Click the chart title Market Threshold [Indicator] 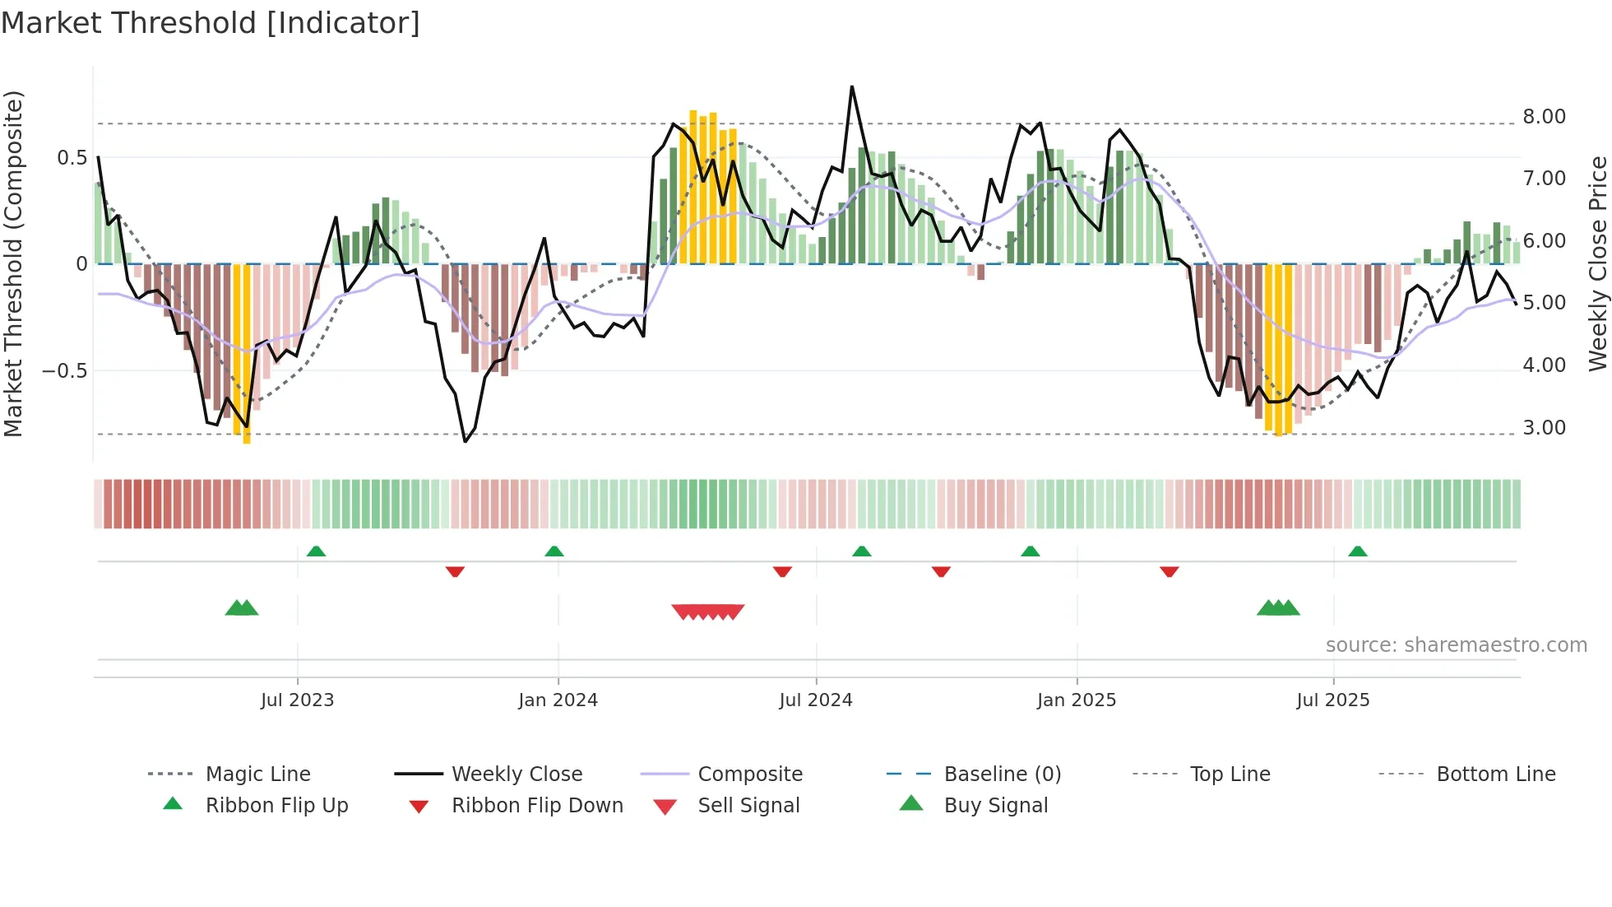211,23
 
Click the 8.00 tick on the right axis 1544,117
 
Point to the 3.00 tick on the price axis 1544,428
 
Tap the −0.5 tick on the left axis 65,371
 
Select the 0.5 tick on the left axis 72,158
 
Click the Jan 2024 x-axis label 558,700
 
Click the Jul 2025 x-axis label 1332,700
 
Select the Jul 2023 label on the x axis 297,700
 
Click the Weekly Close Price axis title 1596,263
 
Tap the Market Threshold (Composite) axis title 13,263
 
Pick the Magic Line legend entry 257,774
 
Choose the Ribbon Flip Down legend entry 537,806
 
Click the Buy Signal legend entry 995,806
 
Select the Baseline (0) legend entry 1002,774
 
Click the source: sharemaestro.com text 1456,645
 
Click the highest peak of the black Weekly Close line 852,86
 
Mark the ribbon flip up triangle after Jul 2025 1357,551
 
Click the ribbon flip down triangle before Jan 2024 455,571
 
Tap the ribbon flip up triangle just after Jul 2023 316,551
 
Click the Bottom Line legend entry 1495,774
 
